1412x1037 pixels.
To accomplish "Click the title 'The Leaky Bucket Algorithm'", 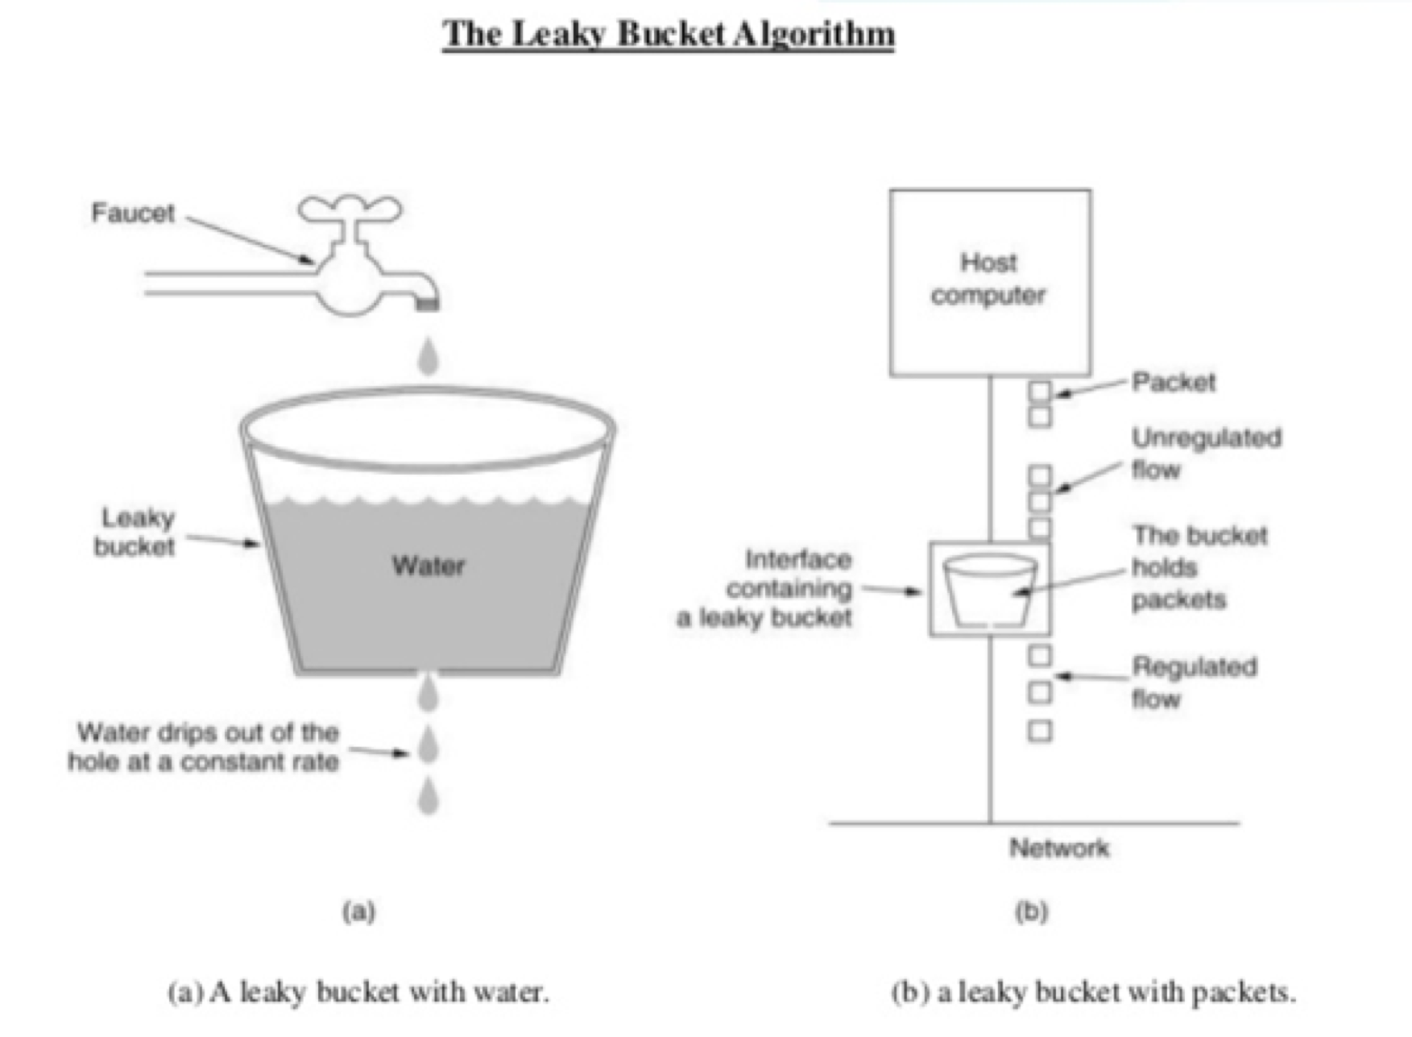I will coord(668,34).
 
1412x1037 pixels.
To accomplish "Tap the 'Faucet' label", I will coord(133,213).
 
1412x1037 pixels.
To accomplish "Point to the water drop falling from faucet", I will coord(429,356).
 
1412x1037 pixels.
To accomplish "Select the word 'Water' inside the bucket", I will coord(429,566).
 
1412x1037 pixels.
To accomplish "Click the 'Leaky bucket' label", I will coord(135,532).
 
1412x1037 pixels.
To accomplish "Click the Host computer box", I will coord(990,282).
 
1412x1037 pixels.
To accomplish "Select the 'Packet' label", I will coord(1173,381).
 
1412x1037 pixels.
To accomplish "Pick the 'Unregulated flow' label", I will coord(1205,453).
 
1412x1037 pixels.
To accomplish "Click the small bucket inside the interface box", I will coord(990,591).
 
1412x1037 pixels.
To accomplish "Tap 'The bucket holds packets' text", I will coord(1198,567).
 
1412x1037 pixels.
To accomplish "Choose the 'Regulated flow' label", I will coord(1194,682).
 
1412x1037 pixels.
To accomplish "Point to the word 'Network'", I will coord(1058,848).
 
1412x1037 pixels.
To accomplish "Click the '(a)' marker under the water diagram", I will coord(358,911).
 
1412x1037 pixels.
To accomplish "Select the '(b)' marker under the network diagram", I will coord(1031,911).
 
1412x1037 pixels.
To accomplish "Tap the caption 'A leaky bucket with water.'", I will coord(358,992).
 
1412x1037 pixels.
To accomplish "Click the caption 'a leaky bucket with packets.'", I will coord(1094,992).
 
